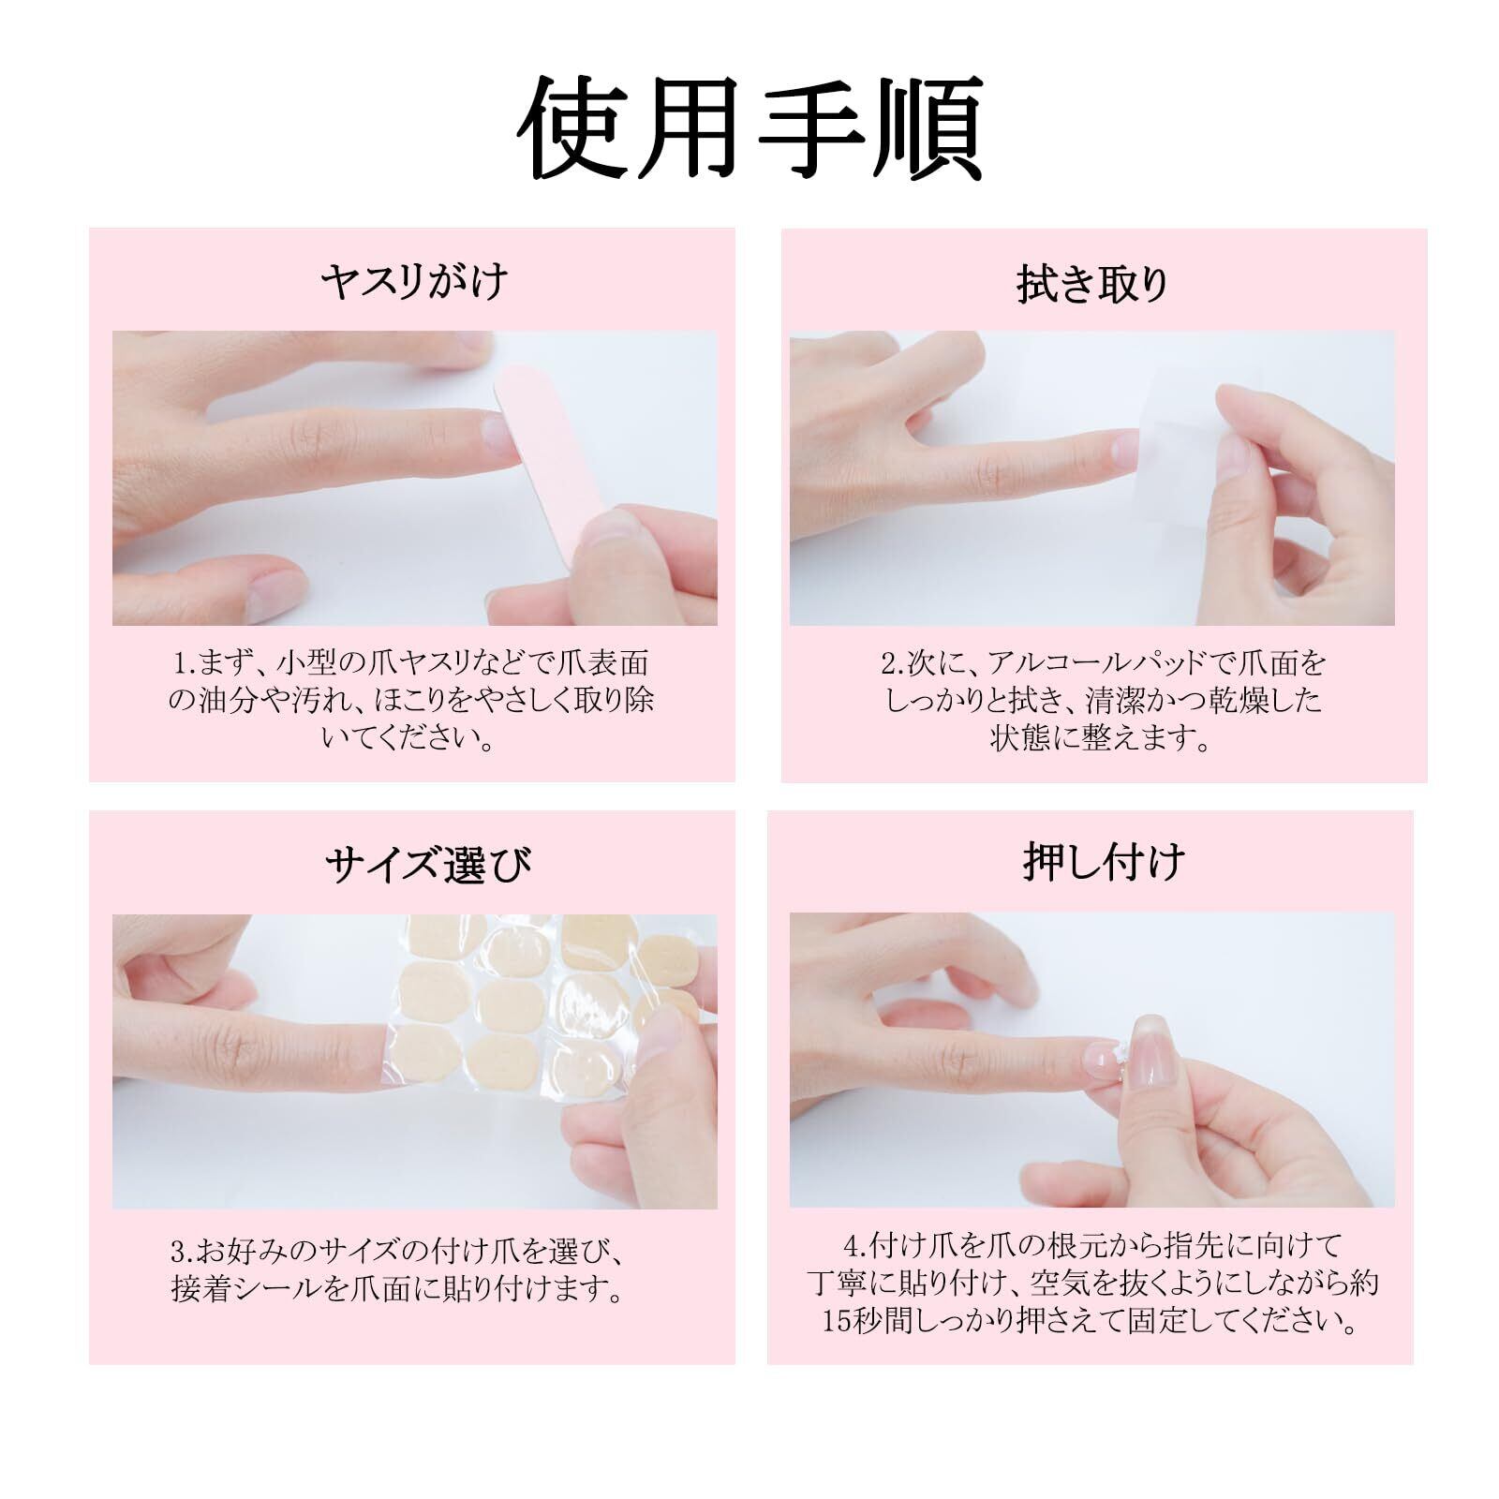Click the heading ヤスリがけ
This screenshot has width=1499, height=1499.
tap(413, 281)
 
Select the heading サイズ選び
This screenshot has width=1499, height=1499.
tap(428, 865)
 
